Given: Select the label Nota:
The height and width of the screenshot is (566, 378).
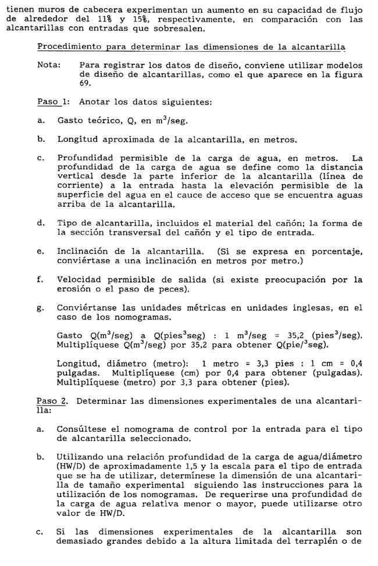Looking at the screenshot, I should (48, 65).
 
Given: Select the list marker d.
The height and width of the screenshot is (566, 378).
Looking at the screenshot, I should (40, 223).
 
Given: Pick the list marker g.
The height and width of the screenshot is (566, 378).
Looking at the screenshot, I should (40, 308).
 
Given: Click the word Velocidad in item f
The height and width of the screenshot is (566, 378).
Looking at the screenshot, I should (78, 280).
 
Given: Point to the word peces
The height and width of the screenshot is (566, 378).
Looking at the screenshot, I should (188, 289).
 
